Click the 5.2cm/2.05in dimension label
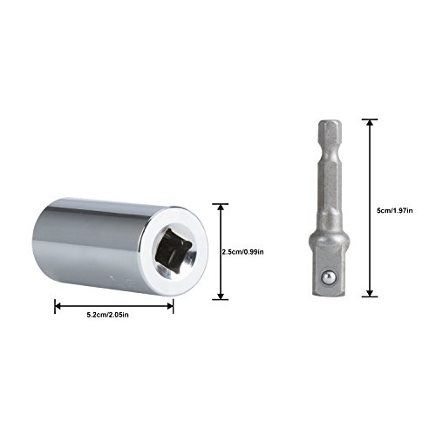pyautogui.click(x=107, y=315)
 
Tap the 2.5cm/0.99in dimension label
pyautogui.click(x=243, y=252)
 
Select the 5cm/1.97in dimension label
pyautogui.click(x=394, y=211)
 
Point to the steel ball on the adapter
pyautogui.click(x=329, y=277)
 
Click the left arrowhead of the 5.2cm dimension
pyautogui.click(x=58, y=306)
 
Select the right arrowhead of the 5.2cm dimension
pyautogui.click(x=170, y=306)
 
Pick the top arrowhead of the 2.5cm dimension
pyautogui.click(x=221, y=208)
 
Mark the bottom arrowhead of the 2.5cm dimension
pyautogui.click(x=221, y=296)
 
